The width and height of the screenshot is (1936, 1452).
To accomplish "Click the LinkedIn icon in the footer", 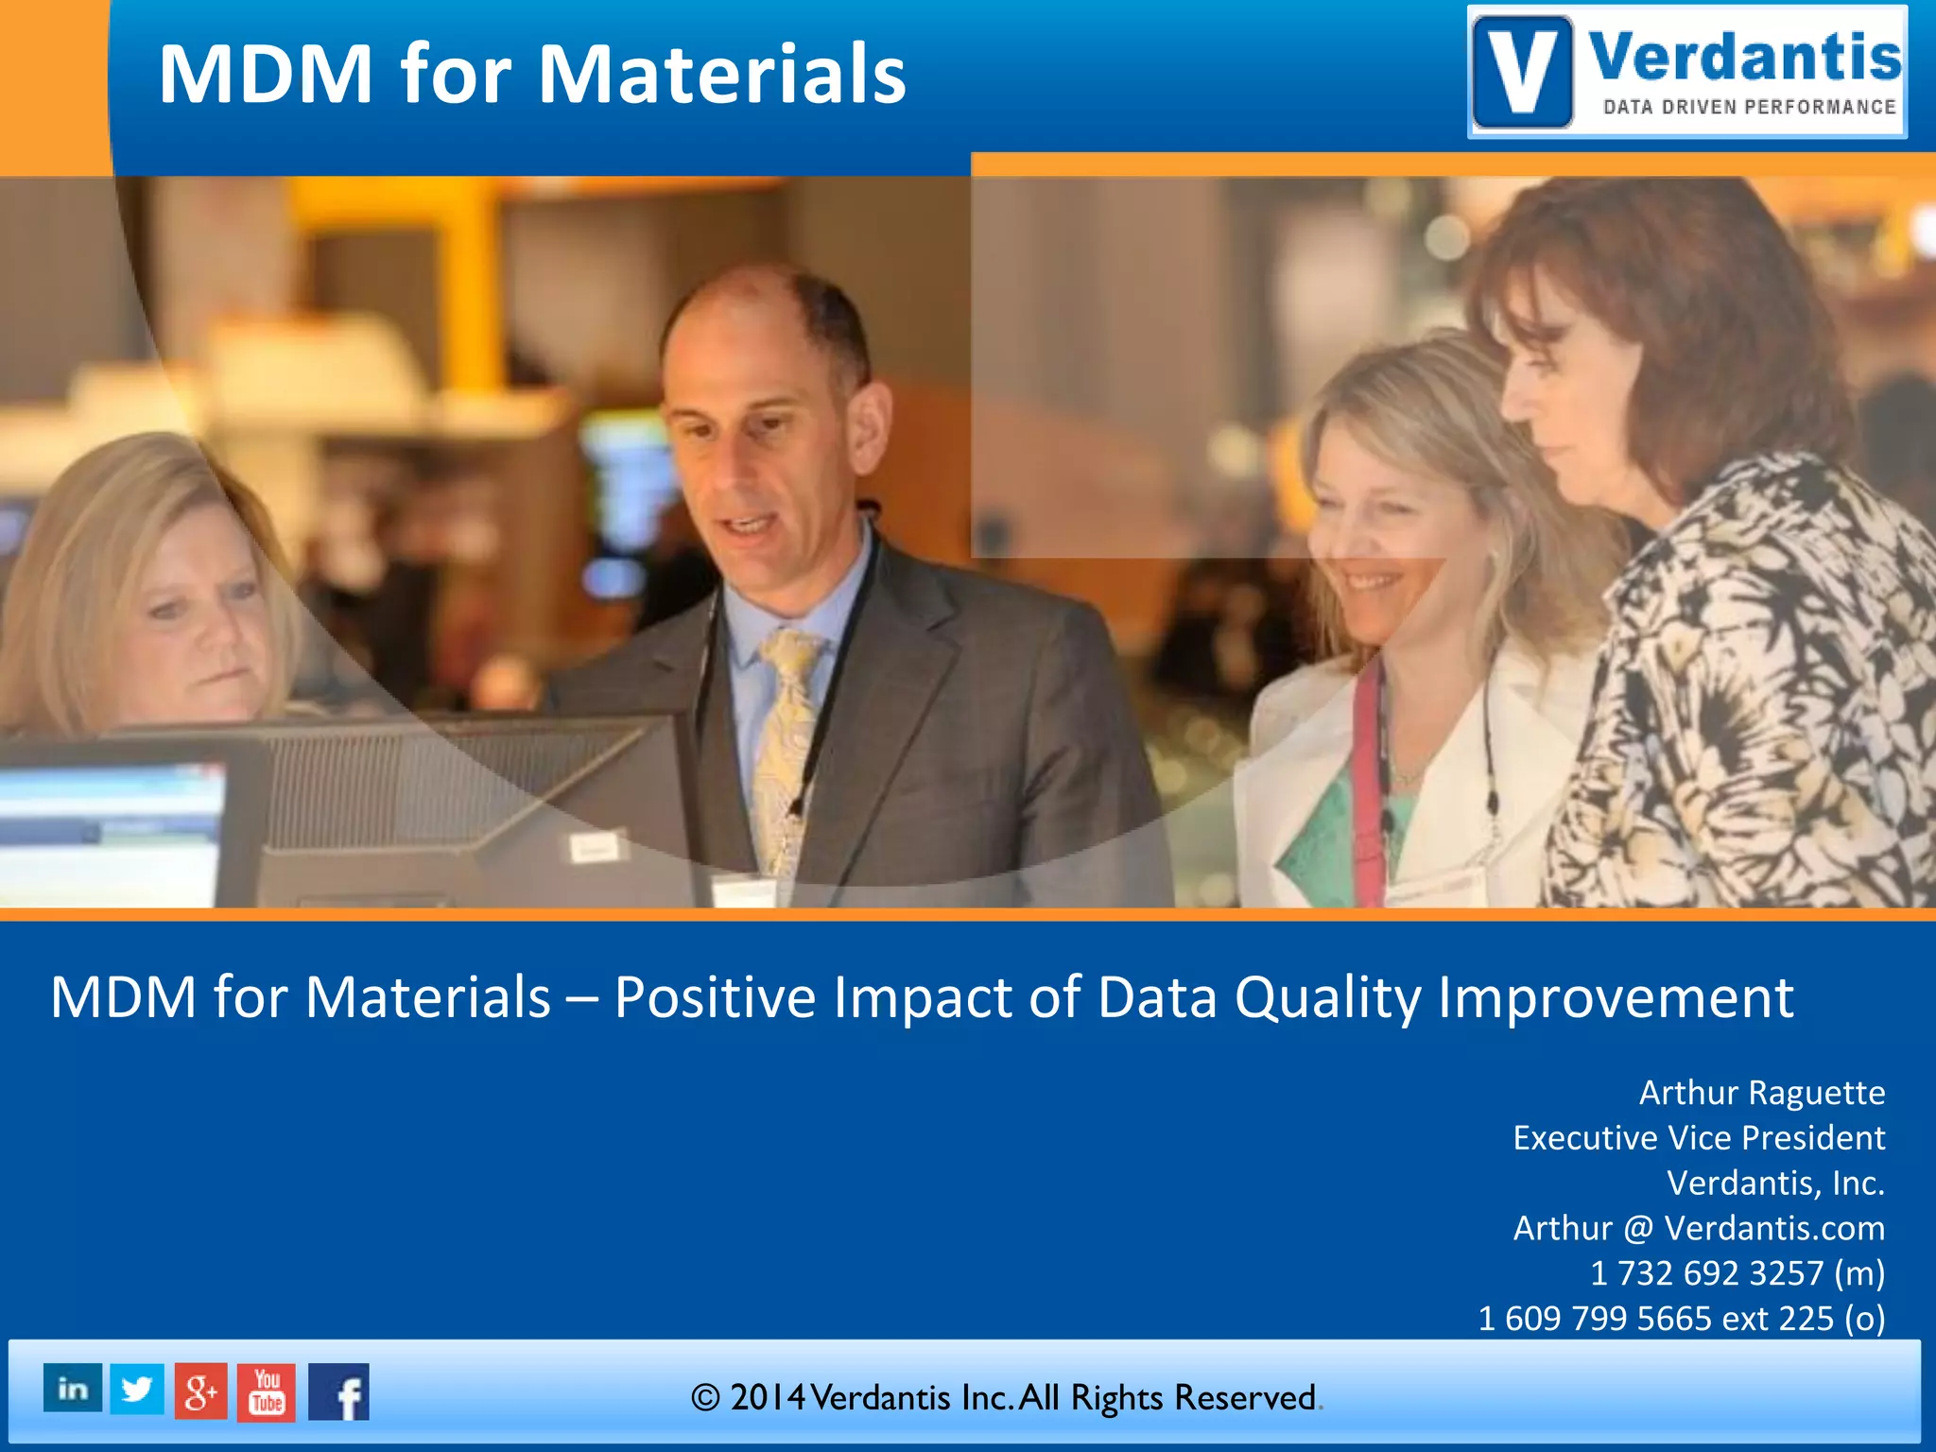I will pyautogui.click(x=73, y=1389).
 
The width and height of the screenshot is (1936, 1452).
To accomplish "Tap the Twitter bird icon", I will pyautogui.click(x=137, y=1389).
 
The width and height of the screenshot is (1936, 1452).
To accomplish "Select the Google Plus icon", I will pyautogui.click(x=201, y=1391).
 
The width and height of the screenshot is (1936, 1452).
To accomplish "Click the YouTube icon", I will pyautogui.click(x=267, y=1392).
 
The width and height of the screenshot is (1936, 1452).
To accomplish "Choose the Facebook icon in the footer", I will pyautogui.click(x=339, y=1392).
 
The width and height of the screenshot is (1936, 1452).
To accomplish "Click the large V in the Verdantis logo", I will pyautogui.click(x=1522, y=72).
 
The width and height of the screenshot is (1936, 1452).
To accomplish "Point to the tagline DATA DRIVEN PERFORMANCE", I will pyautogui.click(x=1750, y=107).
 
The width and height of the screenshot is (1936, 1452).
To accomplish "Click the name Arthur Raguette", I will pyautogui.click(x=1761, y=1093).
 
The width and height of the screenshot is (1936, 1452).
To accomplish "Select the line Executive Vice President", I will pyautogui.click(x=1699, y=1138).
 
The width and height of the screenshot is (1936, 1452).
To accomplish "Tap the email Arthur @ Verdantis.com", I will pyautogui.click(x=1699, y=1228).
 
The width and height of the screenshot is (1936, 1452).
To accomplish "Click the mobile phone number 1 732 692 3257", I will pyautogui.click(x=1706, y=1273).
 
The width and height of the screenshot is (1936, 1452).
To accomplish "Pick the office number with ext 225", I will pyautogui.click(x=1682, y=1319).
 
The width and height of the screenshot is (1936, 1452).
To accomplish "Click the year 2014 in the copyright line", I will pyautogui.click(x=768, y=1397).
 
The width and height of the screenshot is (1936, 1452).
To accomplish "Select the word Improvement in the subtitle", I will pyautogui.click(x=1616, y=998).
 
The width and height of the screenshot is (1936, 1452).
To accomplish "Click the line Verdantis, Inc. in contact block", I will pyautogui.click(x=1775, y=1184).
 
